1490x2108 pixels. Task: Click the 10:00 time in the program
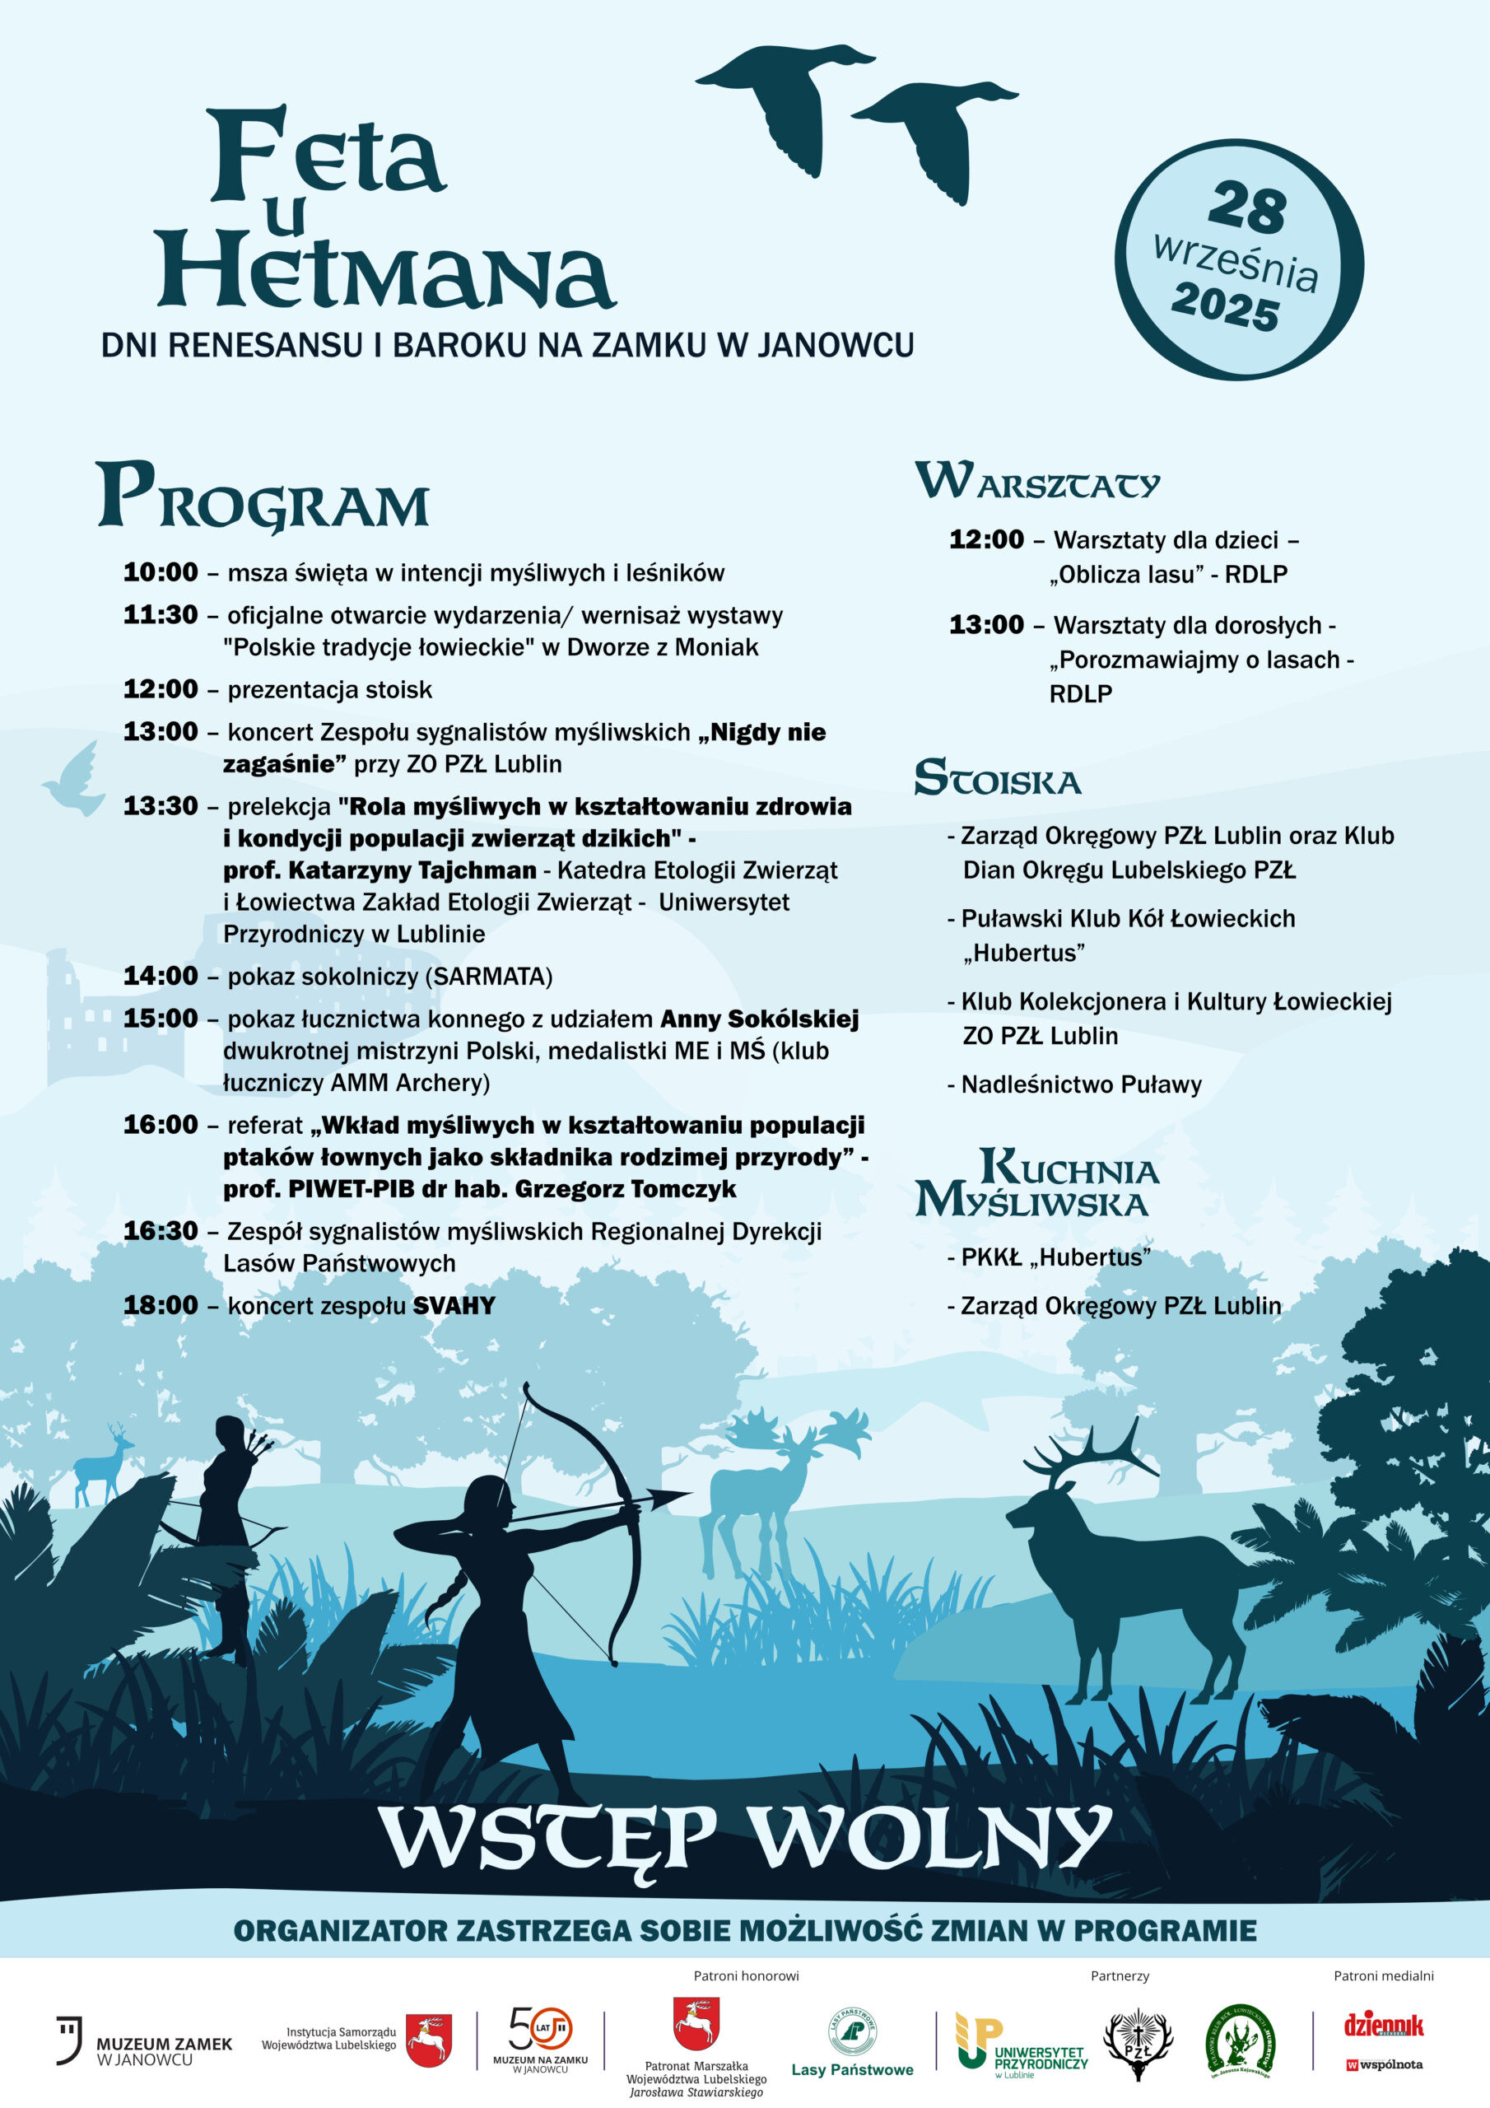pyautogui.click(x=161, y=572)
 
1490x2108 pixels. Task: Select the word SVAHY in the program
pyautogui.click(x=454, y=1306)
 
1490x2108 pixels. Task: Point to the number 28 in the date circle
pyautogui.click(x=1246, y=208)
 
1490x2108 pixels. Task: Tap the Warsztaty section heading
pyautogui.click(x=1037, y=481)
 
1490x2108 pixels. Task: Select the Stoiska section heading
pyautogui.click(x=997, y=779)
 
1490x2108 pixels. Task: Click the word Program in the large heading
pyautogui.click(x=263, y=497)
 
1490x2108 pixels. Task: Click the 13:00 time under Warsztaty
pyautogui.click(x=986, y=624)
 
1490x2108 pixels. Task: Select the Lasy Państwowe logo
pyautogui.click(x=852, y=2043)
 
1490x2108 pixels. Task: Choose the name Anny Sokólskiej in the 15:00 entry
pyautogui.click(x=759, y=1019)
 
